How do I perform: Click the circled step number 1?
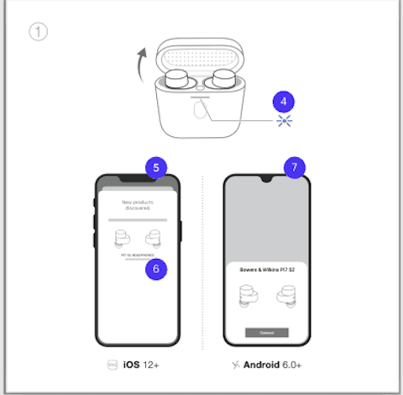pyautogui.click(x=38, y=32)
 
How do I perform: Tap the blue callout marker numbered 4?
pyautogui.click(x=284, y=101)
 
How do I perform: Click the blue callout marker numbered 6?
pyautogui.click(x=155, y=268)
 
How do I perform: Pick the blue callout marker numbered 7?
pyautogui.click(x=292, y=167)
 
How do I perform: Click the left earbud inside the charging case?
pyautogui.click(x=179, y=82)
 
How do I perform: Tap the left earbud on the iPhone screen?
pyautogui.click(x=123, y=238)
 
